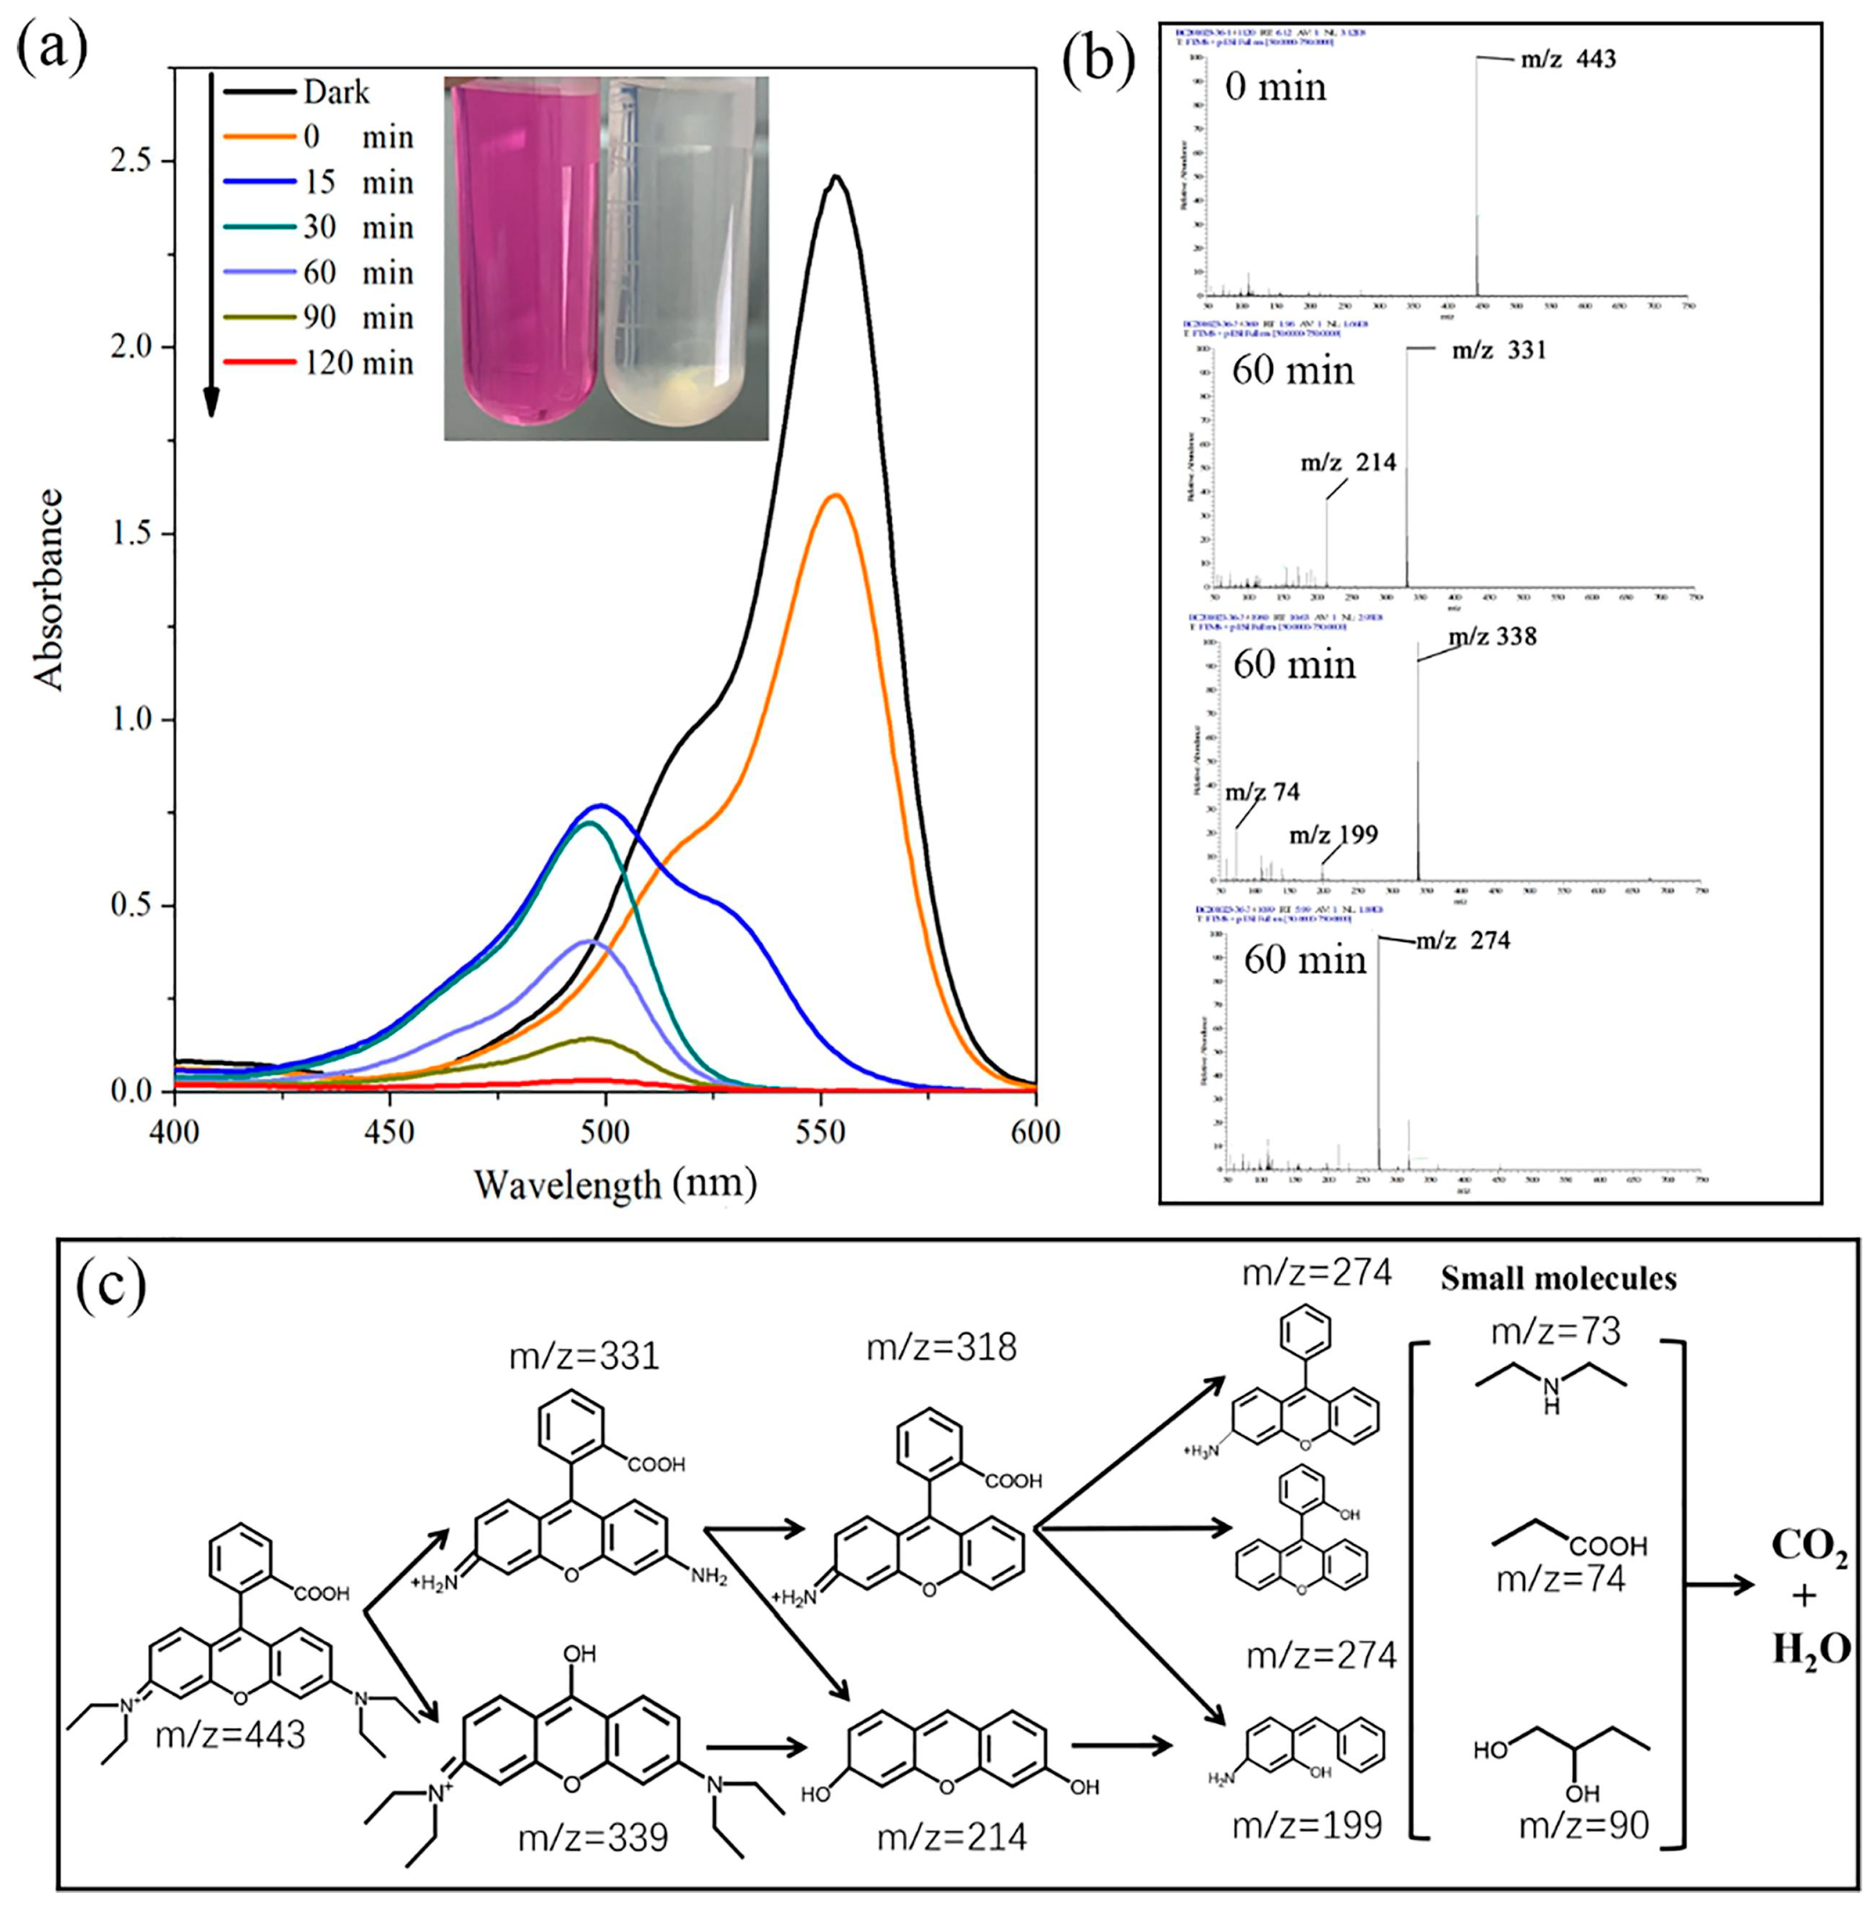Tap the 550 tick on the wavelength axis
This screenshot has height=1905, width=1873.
coord(820,1132)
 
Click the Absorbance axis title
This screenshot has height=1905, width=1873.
coord(49,591)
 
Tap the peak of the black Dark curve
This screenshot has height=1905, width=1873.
coord(835,177)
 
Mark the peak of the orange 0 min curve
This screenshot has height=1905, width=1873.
coord(835,495)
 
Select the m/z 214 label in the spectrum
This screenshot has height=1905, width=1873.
coord(1348,463)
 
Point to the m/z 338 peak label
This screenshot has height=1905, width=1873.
coord(1492,637)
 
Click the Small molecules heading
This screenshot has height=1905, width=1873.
coord(1558,1278)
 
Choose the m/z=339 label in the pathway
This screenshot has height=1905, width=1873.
coord(594,1836)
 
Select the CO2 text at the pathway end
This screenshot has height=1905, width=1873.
coord(1808,1548)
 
